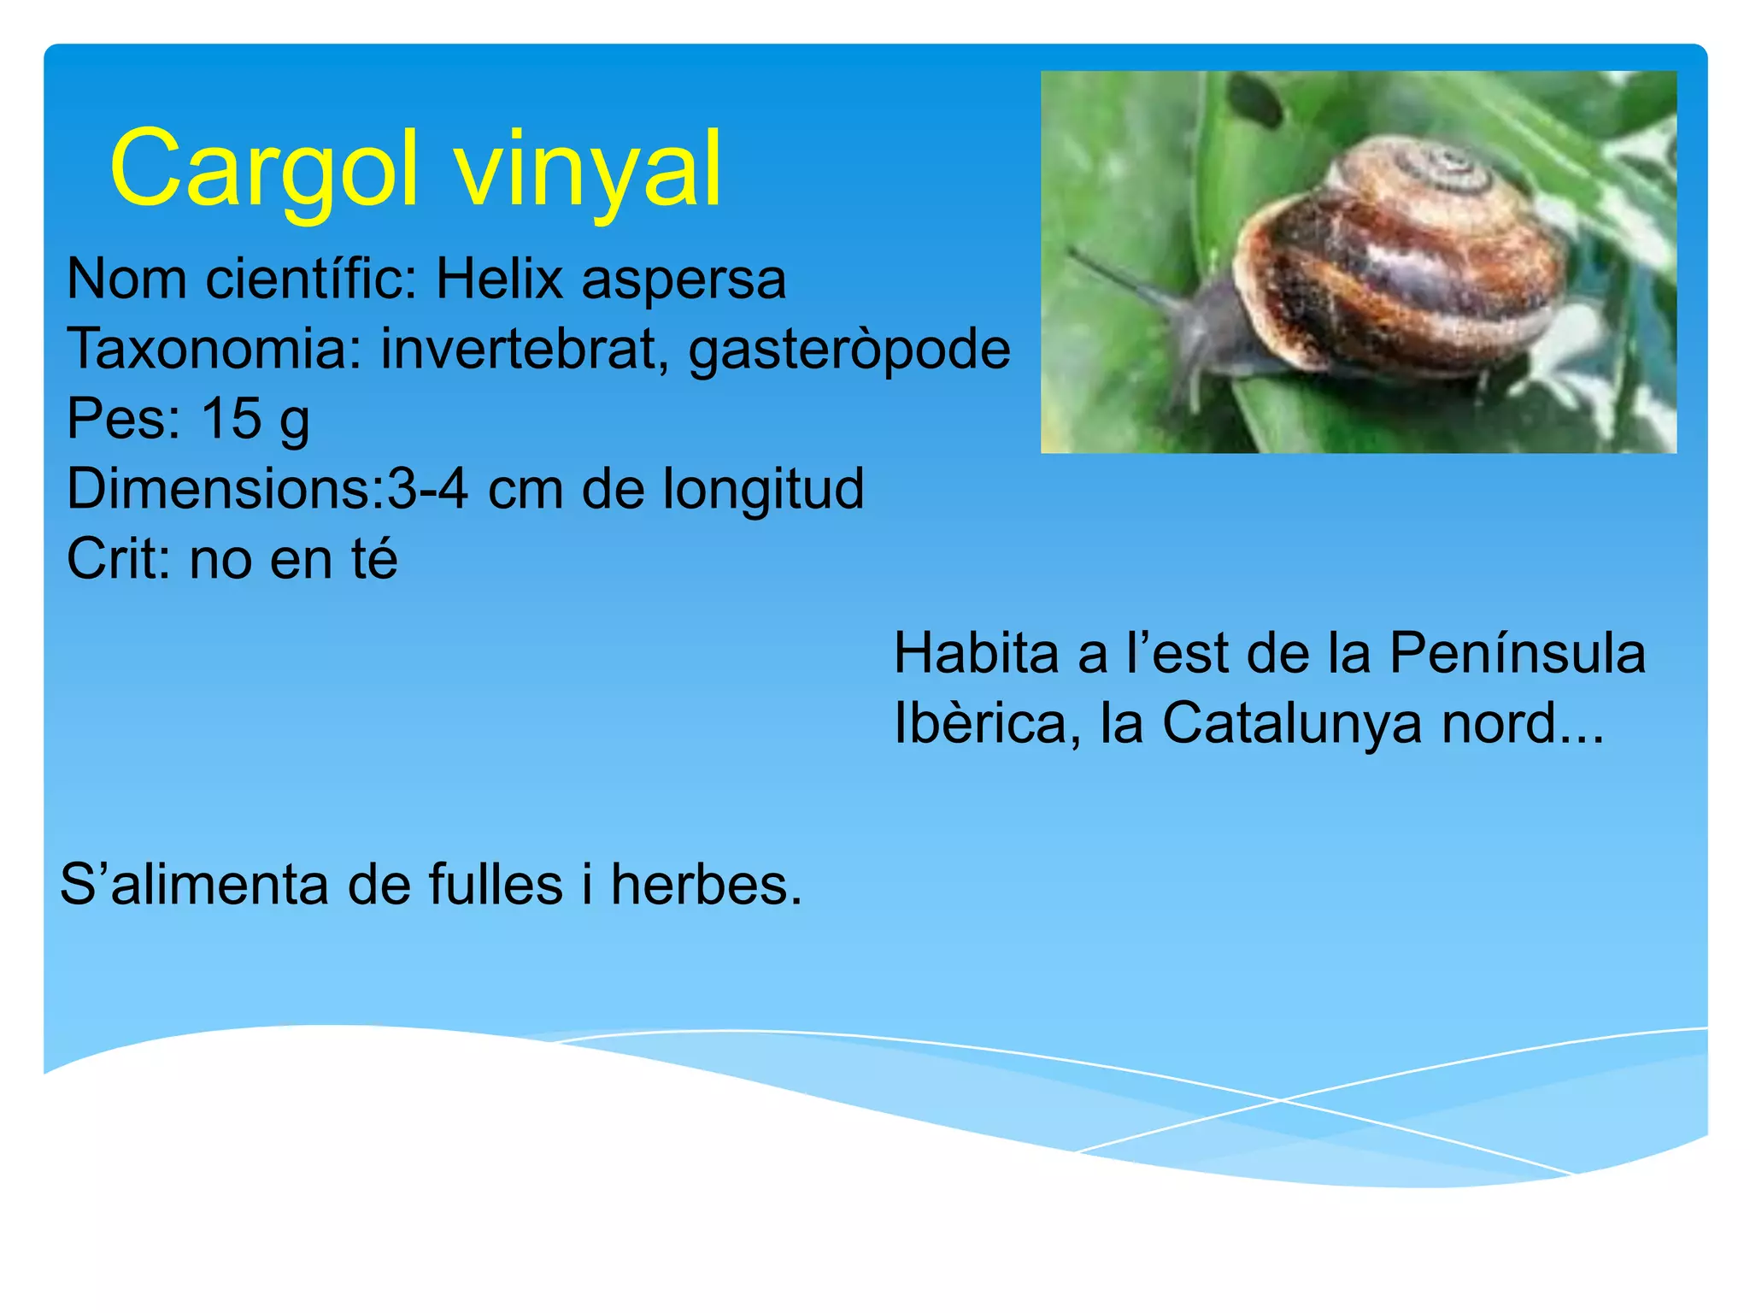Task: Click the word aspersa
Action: [684, 279]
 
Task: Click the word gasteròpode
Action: [849, 350]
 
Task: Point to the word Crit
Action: [118, 559]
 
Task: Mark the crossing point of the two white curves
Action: [1280, 1100]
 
